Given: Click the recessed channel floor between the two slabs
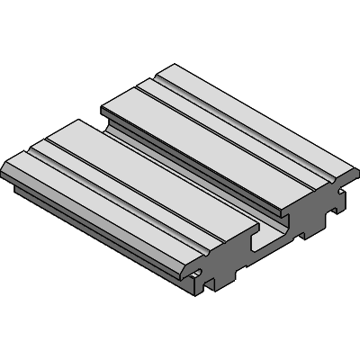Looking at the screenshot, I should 184,180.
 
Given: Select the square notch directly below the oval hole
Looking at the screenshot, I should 209,286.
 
